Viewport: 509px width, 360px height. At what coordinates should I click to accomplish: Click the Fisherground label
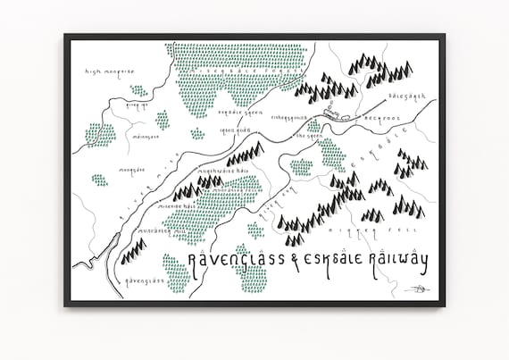point(288,117)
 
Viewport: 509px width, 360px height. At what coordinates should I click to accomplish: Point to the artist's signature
point(416,289)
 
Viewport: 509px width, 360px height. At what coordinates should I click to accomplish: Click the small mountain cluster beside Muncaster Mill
point(133,253)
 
